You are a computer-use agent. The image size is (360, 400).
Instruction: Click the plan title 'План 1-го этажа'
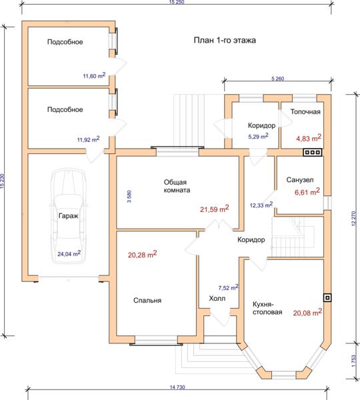coord(225,40)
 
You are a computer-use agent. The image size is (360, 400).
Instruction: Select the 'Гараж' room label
coord(69,216)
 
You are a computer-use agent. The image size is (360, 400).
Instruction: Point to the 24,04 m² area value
coord(69,253)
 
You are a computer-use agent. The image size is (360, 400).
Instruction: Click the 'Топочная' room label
coord(305,112)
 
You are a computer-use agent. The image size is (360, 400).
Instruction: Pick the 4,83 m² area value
coord(309,138)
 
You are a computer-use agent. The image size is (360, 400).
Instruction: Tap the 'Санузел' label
coord(300,180)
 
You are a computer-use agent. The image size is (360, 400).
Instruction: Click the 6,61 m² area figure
coord(307,191)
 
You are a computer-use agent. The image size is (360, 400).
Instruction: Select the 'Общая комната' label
coord(177,186)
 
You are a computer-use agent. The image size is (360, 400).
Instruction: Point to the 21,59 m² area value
coord(214,209)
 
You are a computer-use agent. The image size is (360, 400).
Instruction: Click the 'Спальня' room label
coord(147,300)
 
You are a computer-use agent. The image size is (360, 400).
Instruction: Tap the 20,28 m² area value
coord(142,255)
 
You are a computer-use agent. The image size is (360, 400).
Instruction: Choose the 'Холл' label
coord(217,298)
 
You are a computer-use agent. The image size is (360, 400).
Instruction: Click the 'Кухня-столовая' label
coord(267,308)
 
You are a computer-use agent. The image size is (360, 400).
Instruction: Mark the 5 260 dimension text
coord(277,79)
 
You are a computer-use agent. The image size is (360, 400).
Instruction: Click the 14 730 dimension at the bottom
coord(177,387)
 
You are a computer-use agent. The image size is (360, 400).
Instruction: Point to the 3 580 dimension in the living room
coord(129,197)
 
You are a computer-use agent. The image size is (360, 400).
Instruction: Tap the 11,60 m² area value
coord(94,75)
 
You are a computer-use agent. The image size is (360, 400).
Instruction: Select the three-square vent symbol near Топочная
coord(312,152)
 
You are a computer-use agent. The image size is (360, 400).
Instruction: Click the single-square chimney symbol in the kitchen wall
coord(327,298)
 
